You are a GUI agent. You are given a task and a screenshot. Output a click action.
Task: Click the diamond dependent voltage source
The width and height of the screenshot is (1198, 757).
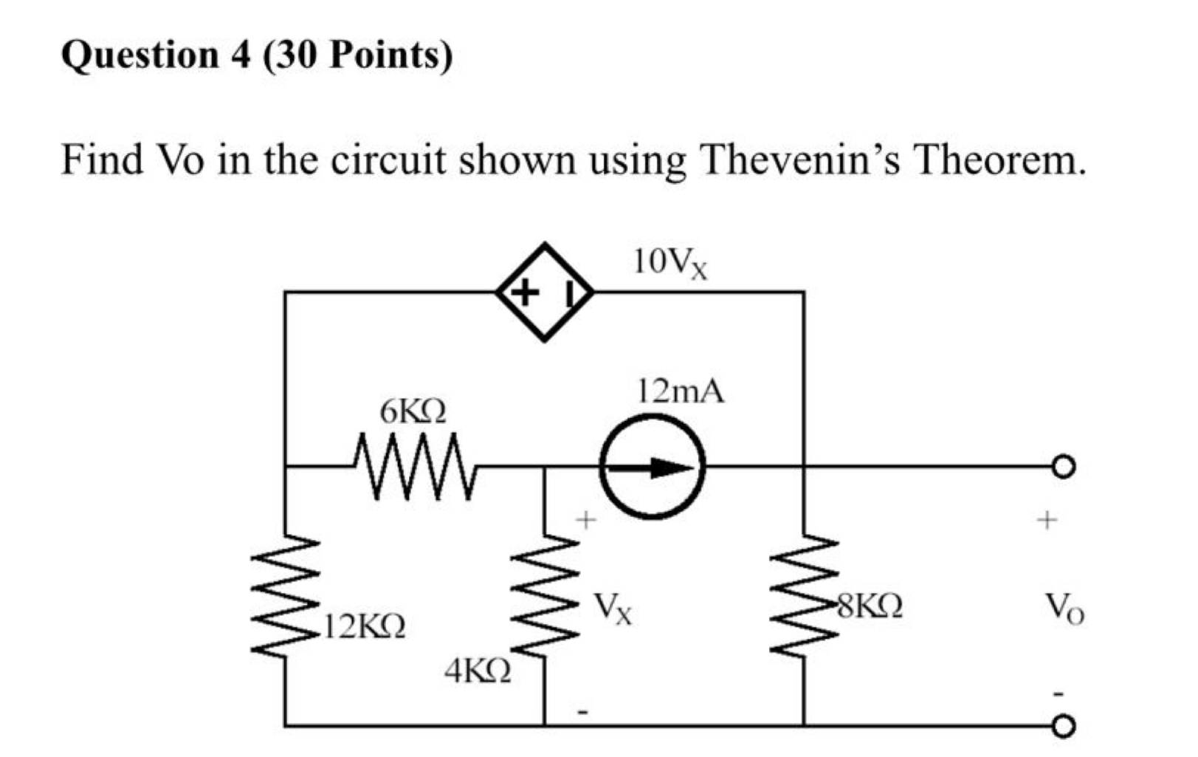tap(545, 292)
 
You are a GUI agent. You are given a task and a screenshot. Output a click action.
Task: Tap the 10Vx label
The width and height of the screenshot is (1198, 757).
tap(670, 262)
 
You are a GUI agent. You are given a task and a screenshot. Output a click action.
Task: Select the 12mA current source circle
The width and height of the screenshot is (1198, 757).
tap(652, 467)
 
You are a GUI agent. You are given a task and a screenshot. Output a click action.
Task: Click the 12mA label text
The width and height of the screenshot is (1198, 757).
tap(681, 391)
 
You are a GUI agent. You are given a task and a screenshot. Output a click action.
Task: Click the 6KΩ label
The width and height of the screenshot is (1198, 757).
tap(413, 411)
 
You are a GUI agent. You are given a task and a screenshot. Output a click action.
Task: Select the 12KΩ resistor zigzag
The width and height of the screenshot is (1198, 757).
tap(286, 595)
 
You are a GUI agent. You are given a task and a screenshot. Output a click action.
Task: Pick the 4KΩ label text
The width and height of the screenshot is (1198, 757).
tap(478, 671)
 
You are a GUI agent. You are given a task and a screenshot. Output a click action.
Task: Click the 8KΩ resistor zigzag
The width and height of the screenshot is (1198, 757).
tap(804, 595)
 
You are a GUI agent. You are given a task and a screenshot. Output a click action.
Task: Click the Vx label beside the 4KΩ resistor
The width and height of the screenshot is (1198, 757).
tap(613, 609)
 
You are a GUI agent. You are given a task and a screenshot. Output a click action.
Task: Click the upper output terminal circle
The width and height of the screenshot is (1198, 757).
tap(1063, 467)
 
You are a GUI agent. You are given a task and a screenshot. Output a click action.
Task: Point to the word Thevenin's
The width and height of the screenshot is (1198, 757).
tap(800, 160)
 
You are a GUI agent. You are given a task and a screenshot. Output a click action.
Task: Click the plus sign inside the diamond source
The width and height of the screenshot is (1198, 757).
tap(524, 293)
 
